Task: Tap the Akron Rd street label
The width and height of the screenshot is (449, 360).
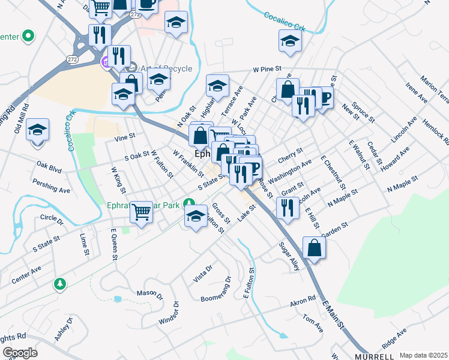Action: tap(303, 300)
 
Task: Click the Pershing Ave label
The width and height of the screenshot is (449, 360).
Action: tap(52, 186)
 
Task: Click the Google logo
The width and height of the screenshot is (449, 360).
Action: tap(20, 353)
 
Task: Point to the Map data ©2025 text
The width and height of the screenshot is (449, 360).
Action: tap(423, 355)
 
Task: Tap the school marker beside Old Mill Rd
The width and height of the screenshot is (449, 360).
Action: tap(37, 130)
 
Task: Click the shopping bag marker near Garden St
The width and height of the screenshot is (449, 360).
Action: tap(315, 247)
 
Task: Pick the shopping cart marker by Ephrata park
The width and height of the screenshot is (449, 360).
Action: tap(142, 211)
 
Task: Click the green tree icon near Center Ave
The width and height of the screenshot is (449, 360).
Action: tap(59, 283)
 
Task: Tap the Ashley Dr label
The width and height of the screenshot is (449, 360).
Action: tap(64, 329)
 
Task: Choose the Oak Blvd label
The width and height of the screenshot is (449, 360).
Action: tap(49, 166)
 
